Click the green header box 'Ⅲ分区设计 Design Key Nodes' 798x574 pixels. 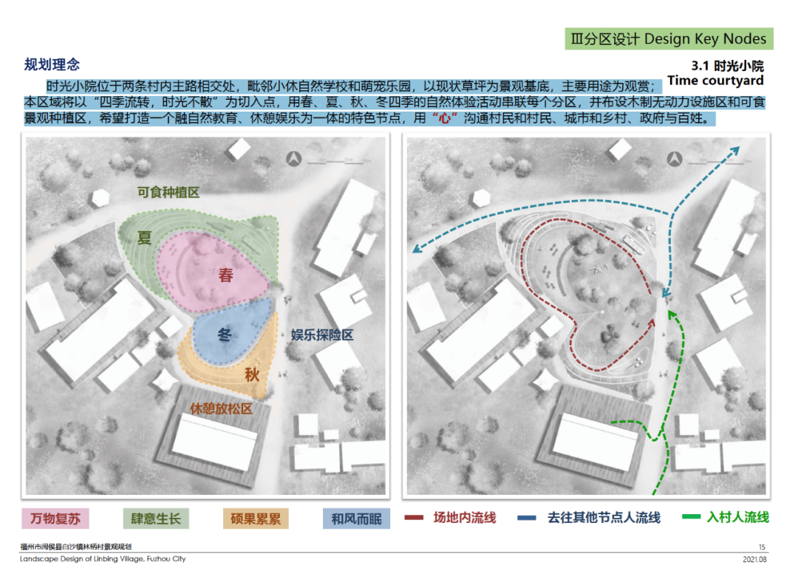click(669, 39)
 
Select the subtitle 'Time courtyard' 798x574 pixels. click(715, 81)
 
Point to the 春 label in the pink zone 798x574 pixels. click(225, 276)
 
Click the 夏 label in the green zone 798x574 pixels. click(145, 238)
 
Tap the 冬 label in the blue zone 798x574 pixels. click(225, 335)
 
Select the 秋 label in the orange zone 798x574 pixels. click(252, 375)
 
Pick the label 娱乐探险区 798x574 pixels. click(321, 335)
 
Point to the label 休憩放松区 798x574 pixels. click(222, 409)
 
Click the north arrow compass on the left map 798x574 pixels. click(293, 158)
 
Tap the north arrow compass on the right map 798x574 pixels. click(674, 158)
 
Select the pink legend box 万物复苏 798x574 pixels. click(55, 519)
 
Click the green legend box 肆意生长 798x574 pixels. click(156, 519)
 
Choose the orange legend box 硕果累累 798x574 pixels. click(256, 519)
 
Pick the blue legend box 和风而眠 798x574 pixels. click(356, 519)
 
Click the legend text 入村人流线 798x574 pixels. click(737, 518)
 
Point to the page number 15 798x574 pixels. click(762, 547)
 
